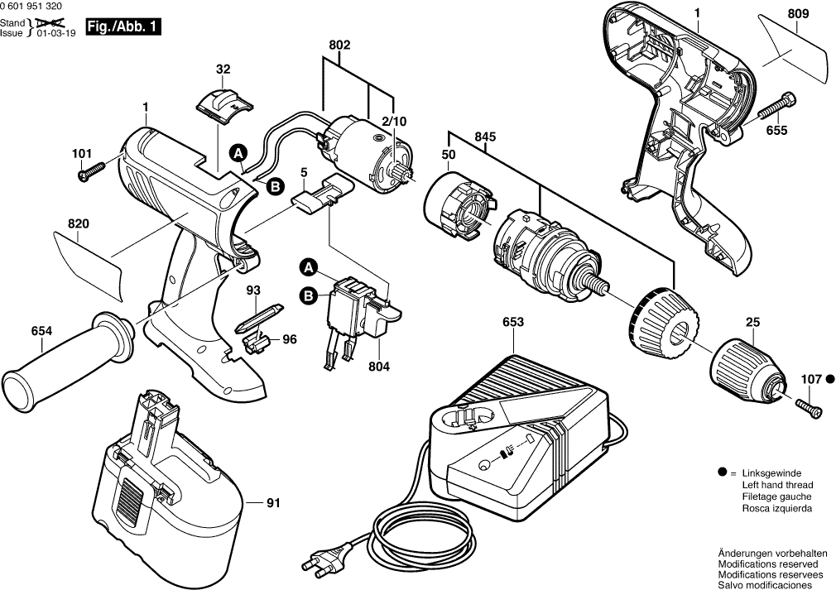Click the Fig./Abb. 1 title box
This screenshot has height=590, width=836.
[123, 27]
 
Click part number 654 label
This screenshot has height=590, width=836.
[41, 331]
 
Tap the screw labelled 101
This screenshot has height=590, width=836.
[92, 171]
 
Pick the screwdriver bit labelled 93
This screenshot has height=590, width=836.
[260, 319]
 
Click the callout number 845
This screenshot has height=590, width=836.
[485, 137]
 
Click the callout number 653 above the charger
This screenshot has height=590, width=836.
[513, 322]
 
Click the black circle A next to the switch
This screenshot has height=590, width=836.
[308, 268]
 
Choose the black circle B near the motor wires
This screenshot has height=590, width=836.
[275, 186]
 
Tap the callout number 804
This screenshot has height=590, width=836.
[379, 367]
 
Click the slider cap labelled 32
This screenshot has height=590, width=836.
[224, 106]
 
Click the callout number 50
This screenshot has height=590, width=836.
[449, 155]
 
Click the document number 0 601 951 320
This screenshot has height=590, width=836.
[31, 7]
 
